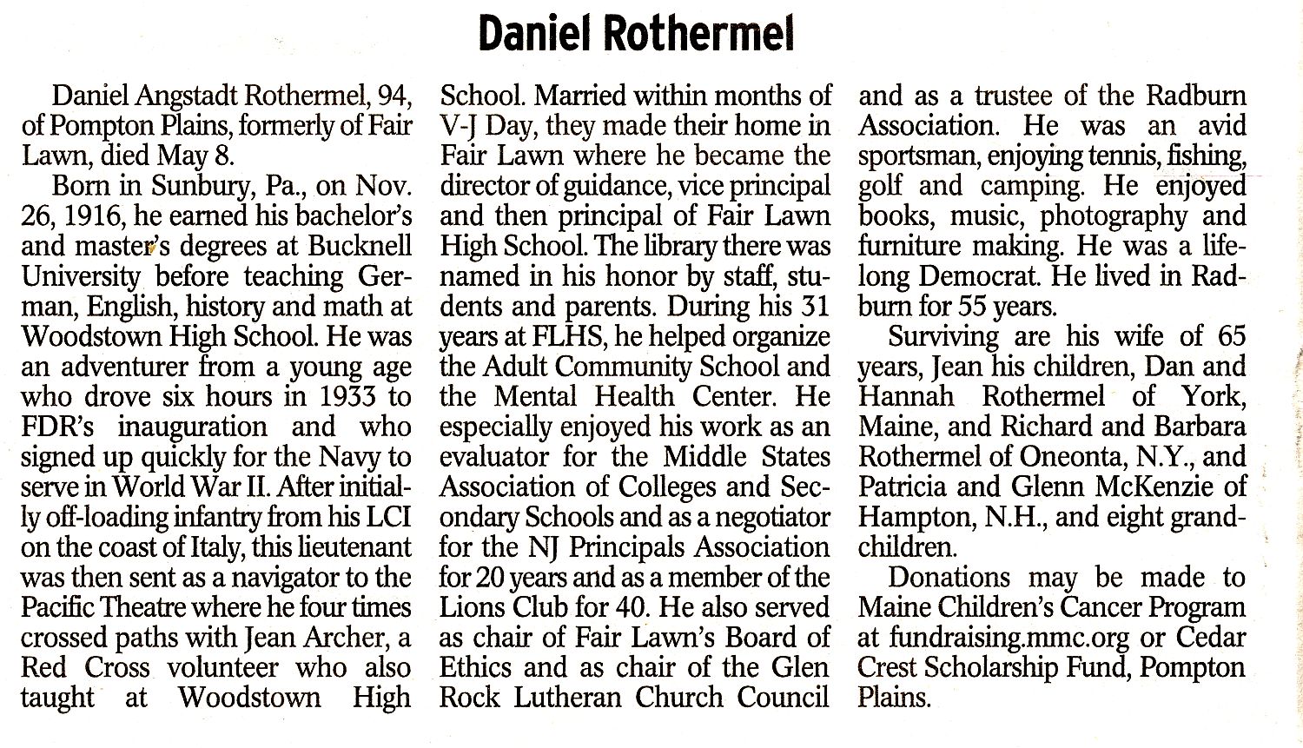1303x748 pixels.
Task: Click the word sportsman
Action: point(923,156)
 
